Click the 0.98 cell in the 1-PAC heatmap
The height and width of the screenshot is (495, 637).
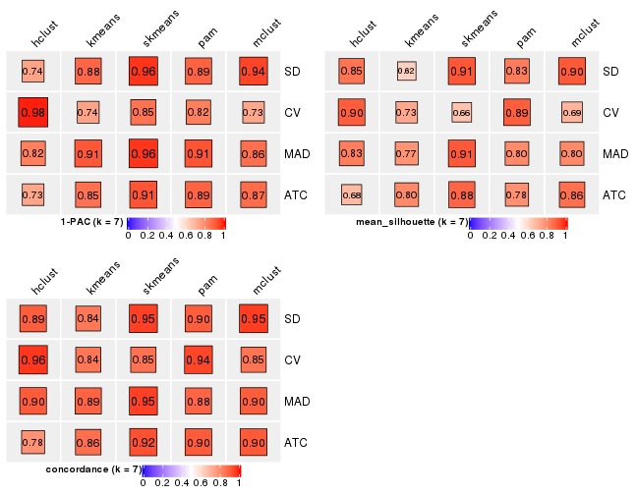pos(32,113)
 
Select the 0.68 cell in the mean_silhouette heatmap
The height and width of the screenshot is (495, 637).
pos(351,195)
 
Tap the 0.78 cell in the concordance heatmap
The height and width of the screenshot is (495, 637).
pos(32,443)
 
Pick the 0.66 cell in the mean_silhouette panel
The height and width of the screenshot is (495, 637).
pos(461,113)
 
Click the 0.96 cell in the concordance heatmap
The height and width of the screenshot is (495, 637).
pos(32,360)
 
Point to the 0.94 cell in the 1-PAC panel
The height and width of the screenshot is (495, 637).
pos(253,72)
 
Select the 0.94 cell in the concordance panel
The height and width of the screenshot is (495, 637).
pos(198,360)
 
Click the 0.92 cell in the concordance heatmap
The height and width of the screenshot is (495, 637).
pos(143,443)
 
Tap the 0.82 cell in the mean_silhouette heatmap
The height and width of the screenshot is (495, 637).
pos(406,72)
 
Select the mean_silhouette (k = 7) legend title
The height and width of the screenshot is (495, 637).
pos(411,223)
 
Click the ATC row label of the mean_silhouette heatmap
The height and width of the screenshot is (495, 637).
pos(615,195)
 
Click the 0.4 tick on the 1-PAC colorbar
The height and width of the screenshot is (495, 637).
pos(167,236)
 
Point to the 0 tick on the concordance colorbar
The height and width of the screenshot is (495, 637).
pos(144,483)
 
